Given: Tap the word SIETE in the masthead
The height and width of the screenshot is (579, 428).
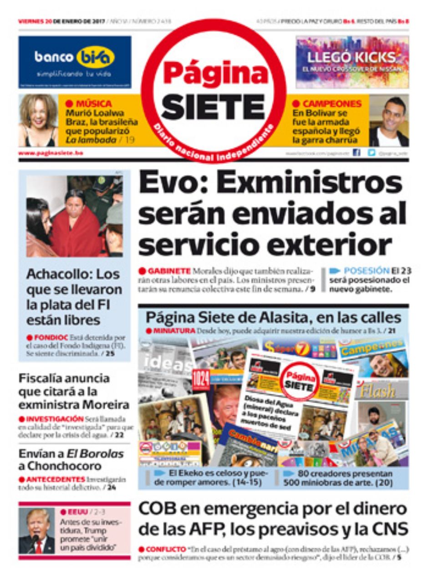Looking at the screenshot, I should click(x=213, y=107).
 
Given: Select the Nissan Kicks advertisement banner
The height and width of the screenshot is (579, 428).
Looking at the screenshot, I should click(x=352, y=62).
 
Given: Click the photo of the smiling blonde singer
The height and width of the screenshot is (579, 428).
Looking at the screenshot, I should click(x=38, y=120).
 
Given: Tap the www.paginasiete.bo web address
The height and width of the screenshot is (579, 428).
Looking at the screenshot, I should click(x=51, y=153).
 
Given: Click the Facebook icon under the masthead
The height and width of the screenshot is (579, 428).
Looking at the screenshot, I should click(x=357, y=153).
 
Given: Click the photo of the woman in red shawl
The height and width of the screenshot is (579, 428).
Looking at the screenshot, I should click(x=74, y=216).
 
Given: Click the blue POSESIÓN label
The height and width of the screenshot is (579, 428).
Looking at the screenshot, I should click(x=366, y=271).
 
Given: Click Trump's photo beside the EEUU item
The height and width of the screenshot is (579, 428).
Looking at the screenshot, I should click(x=37, y=531).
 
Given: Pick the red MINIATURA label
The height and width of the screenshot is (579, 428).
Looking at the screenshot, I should click(x=173, y=330).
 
